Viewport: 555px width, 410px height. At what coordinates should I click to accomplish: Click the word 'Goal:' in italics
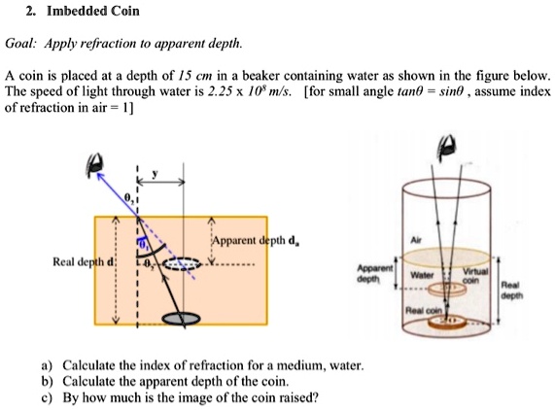[x=21, y=44]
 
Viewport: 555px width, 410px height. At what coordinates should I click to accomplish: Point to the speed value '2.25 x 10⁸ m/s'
[x=240, y=90]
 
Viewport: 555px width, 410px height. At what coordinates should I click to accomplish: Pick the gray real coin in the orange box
[x=179, y=317]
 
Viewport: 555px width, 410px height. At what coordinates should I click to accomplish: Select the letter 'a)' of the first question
[x=47, y=366]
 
